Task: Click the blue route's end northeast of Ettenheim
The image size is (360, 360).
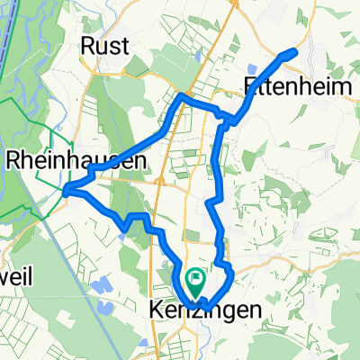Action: pos(294,53)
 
